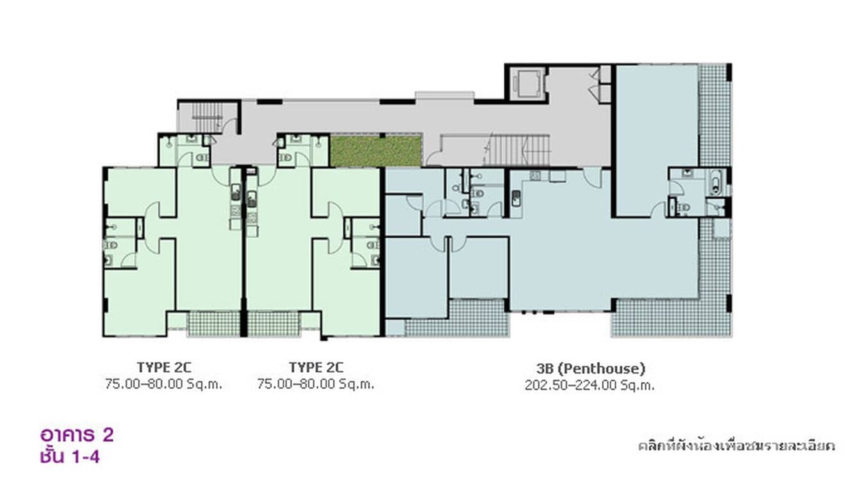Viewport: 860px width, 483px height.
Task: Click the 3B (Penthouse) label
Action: pyautogui.click(x=590, y=368)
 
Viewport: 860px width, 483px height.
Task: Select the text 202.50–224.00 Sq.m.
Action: pyautogui.click(x=590, y=385)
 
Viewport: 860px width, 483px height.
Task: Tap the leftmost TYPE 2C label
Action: pyautogui.click(x=163, y=367)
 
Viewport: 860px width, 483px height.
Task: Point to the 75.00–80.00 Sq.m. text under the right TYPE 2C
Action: pyautogui.click(x=315, y=384)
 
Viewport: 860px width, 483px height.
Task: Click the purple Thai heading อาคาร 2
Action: pyautogui.click(x=77, y=435)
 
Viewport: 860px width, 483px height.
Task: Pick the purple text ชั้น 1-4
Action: pyautogui.click(x=69, y=457)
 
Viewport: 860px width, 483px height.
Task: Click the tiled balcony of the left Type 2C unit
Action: pyautogui.click(x=213, y=323)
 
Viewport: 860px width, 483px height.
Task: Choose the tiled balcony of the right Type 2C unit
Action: pyautogui.click(x=274, y=323)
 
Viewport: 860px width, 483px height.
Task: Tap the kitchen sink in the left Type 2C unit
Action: pyautogui.click(x=236, y=192)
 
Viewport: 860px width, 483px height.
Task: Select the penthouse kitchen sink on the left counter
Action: pyautogui.click(x=515, y=195)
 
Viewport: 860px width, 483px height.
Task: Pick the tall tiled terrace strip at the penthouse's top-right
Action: pyautogui.click(x=715, y=115)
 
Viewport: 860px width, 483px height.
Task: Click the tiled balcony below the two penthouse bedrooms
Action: pyautogui.click(x=457, y=318)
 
